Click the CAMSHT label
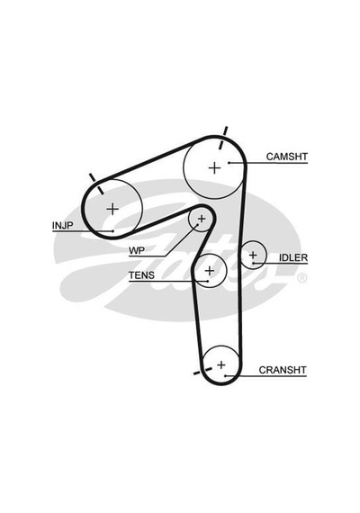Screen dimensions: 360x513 pos(287,157)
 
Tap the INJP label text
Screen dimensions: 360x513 pos(62,225)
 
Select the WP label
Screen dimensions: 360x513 pos(137,251)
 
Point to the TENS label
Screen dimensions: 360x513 pos(141,275)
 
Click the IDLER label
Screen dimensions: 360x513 pos(293,257)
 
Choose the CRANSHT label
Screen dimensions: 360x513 pos(283,370)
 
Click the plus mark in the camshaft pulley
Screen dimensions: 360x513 pos(215,168)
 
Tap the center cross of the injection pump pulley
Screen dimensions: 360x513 pos(112,209)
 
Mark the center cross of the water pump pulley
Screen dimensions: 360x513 pos(202,218)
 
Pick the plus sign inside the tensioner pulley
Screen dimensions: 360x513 pos(210,271)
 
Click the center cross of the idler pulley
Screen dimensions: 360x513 pos(253,255)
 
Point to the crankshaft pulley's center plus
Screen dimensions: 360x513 pos(221,364)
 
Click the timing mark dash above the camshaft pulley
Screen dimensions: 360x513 pos(223,138)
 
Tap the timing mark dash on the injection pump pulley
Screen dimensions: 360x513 pos(96,184)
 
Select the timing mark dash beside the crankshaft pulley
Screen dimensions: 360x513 pos(202,371)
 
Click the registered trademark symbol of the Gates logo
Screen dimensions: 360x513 pos(301,278)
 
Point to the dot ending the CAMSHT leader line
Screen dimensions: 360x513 pos(229,163)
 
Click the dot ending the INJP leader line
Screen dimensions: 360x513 pos(112,231)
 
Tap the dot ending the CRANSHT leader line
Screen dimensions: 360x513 pos(225,376)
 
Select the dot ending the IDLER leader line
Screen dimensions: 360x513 pos(254,263)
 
